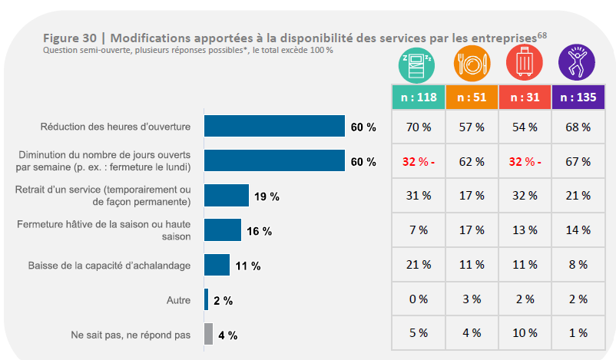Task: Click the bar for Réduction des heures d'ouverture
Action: [x=274, y=126]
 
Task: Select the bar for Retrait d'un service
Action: [x=227, y=196]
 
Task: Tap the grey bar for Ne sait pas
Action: [x=208, y=334]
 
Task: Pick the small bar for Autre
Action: [x=206, y=299]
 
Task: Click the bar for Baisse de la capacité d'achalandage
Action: [x=217, y=265]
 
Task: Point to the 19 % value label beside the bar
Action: [x=267, y=197]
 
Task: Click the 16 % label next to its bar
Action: [x=260, y=231]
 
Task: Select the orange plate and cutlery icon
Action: [x=471, y=64]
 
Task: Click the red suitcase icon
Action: [x=525, y=64]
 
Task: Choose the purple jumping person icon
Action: [x=578, y=64]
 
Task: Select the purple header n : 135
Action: [x=578, y=97]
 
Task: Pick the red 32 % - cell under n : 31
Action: [x=525, y=161]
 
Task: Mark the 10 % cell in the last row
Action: [x=525, y=333]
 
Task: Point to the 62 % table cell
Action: [x=471, y=161]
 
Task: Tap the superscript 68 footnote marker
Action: [x=541, y=34]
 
